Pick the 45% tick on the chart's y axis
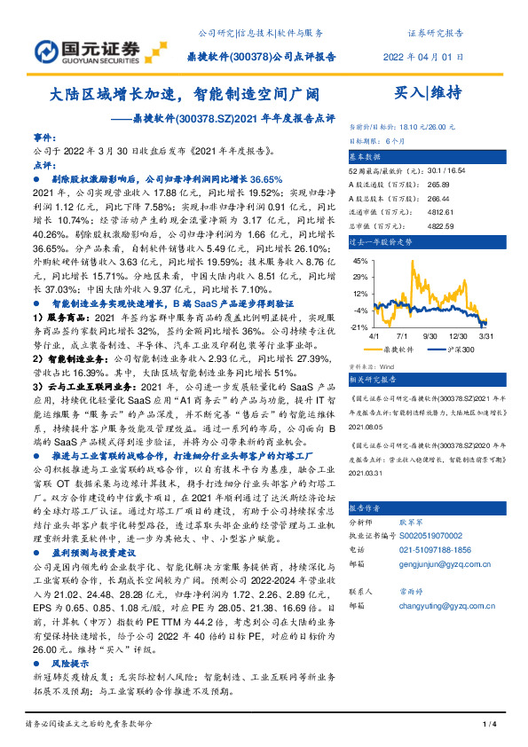pos(359,261)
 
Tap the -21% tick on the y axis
pos(359,326)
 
